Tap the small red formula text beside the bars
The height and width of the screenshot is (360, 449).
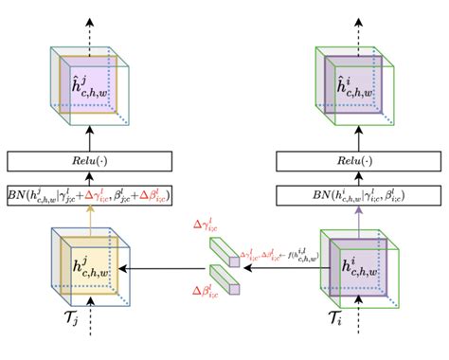[x=279, y=255]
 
